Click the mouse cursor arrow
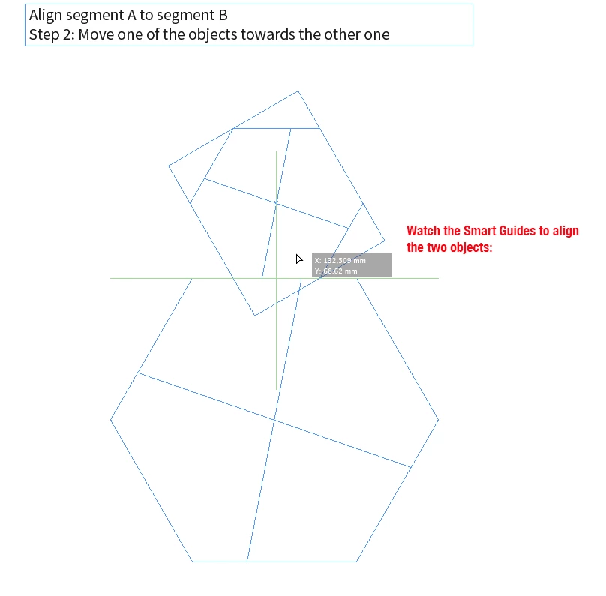click(x=299, y=259)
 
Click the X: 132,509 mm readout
click(x=340, y=261)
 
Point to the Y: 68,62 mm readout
click(x=336, y=271)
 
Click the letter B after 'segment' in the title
click(x=223, y=15)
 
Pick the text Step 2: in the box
click(x=52, y=34)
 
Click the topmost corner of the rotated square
click(x=298, y=91)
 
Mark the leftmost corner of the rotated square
click(x=169, y=166)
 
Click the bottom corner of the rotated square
click(x=255, y=315)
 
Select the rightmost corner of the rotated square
click(x=385, y=241)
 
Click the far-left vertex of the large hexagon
click(x=110, y=420)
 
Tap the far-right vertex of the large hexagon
click(x=438, y=420)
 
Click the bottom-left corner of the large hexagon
click(x=193, y=562)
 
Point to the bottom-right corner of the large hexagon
click(x=356, y=562)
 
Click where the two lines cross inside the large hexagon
click(x=274, y=420)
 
